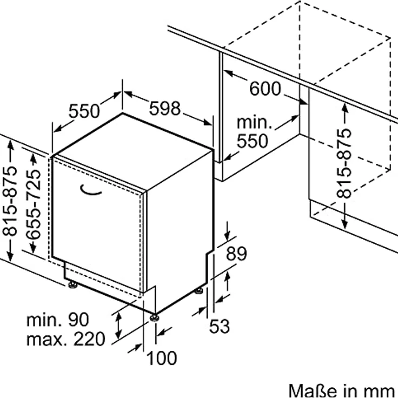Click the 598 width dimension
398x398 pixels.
click(165, 109)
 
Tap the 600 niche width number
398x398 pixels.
click(265, 88)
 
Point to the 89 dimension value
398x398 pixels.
click(236, 254)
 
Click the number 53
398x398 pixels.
click(220, 326)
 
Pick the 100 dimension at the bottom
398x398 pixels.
click(162, 357)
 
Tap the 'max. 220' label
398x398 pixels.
click(65, 339)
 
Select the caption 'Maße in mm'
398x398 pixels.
click(342, 390)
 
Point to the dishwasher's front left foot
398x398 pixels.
click(72, 284)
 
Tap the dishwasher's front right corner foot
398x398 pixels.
click(155, 317)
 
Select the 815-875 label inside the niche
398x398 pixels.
click(344, 163)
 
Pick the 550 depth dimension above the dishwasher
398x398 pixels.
click(84, 111)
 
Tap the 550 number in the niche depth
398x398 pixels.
click(253, 141)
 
